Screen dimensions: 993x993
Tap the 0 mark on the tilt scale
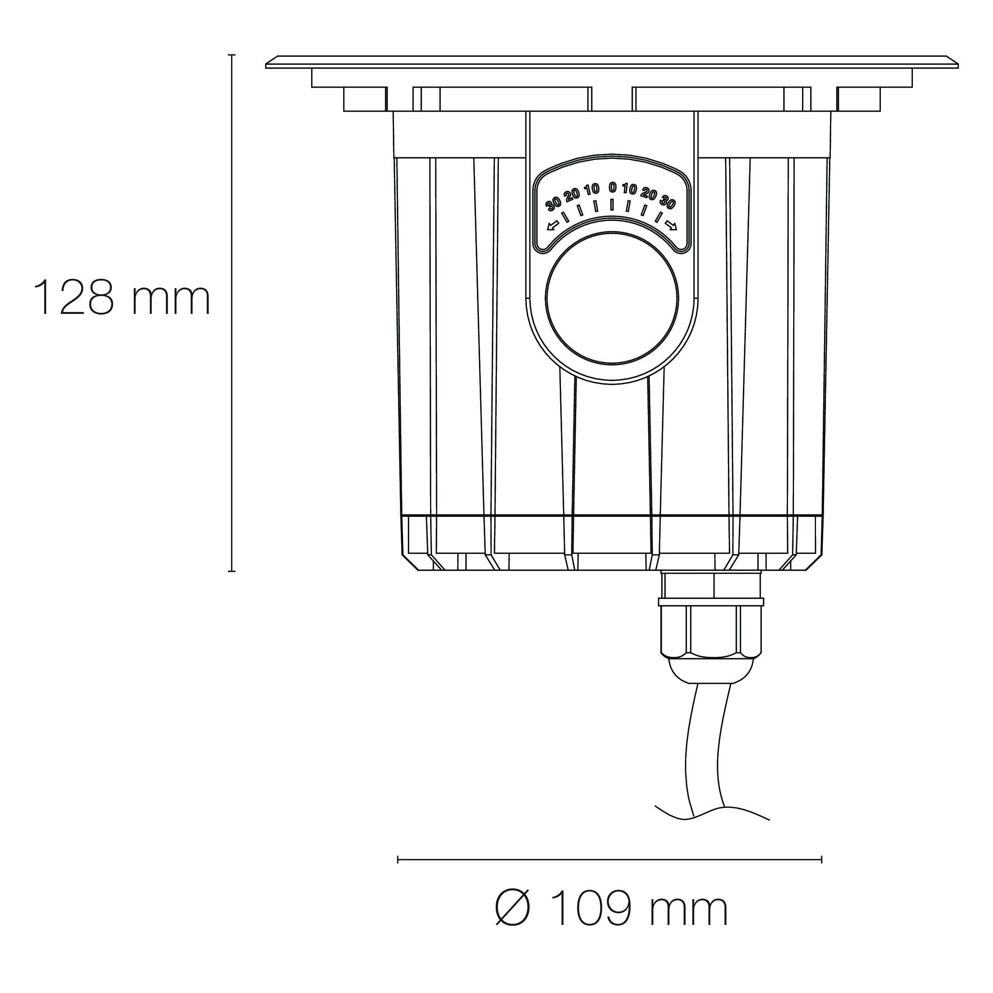coord(612,187)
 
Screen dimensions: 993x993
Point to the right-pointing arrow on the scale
coord(671,225)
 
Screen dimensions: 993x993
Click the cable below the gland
coord(707,750)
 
